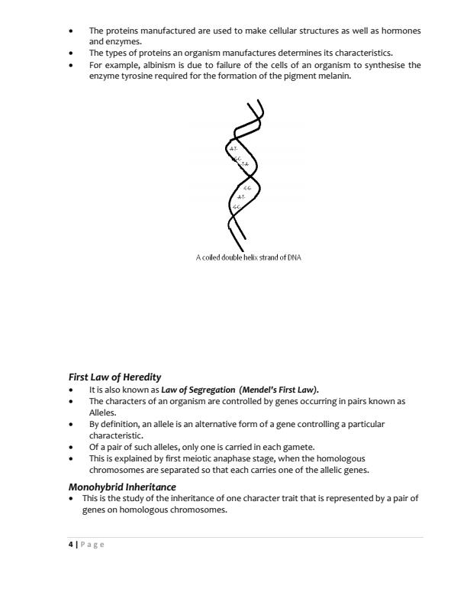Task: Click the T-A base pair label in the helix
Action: (244, 164)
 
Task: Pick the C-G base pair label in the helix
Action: (246, 187)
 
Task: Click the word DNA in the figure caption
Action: (294, 257)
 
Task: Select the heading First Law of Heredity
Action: (115, 377)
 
